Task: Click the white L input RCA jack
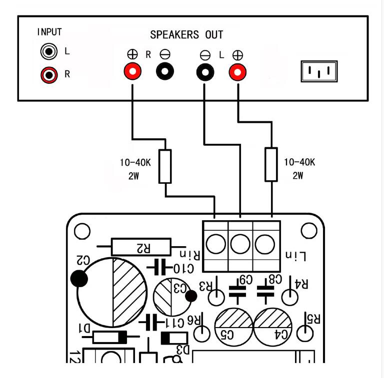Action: coord(49,51)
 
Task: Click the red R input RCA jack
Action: coord(49,75)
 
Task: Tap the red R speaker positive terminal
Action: coord(132,71)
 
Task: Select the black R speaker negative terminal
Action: coord(165,71)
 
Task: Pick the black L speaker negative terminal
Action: coord(205,72)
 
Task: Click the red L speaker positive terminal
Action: coord(237,72)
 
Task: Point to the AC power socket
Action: coord(319,71)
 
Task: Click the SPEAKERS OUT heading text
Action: coord(186,35)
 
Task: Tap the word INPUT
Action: coord(49,32)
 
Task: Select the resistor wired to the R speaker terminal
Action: coord(165,166)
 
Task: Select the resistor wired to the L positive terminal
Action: coord(271,164)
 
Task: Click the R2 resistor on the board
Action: coord(141,247)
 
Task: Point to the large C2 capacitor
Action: coord(112,293)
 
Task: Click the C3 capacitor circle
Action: coord(171,297)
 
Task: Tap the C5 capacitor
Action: coord(233,327)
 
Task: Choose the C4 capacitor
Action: coord(273,327)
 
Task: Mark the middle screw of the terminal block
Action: coord(240,244)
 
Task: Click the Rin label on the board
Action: coord(190,255)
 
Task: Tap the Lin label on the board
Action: coord(296,256)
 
